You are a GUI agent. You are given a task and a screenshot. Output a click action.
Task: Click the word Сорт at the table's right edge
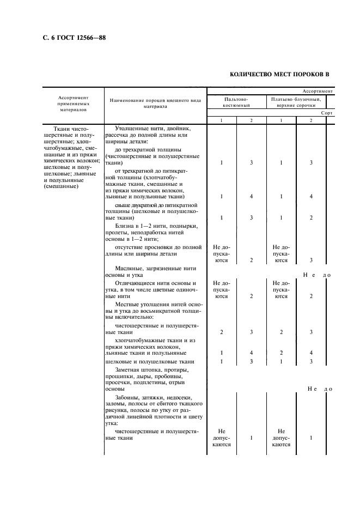[327, 113]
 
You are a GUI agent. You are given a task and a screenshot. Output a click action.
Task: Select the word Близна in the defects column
[126, 226]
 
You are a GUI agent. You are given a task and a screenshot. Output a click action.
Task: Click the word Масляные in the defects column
[130, 269]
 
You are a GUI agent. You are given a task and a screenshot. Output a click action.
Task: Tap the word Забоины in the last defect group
[129, 397]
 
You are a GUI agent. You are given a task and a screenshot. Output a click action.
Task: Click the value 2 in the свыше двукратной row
[311, 218]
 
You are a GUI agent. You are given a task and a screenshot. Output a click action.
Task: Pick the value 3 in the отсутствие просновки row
[311, 260]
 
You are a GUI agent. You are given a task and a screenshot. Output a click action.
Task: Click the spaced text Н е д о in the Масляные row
[318, 275]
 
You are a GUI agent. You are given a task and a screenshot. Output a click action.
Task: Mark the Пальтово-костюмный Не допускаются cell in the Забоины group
[221, 437]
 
